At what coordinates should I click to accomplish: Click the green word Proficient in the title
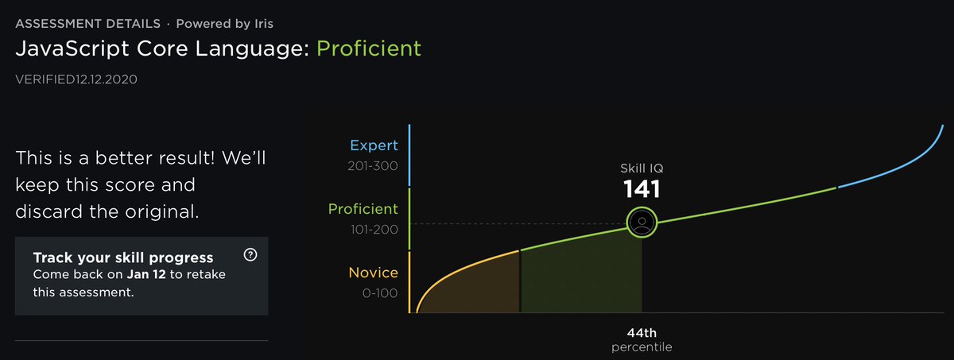point(369,48)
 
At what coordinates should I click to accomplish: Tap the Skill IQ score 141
point(642,188)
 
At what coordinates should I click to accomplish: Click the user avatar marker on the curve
point(642,222)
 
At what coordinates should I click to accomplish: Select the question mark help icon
point(251,255)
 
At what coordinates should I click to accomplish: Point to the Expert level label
point(373,146)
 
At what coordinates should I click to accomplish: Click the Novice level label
point(373,273)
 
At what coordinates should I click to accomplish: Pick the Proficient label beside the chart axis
point(363,209)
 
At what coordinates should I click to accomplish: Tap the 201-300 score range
point(373,167)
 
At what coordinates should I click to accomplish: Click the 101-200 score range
point(373,230)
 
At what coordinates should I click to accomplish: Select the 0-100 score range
point(379,293)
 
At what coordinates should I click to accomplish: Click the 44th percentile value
point(642,333)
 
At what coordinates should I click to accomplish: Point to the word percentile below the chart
point(642,348)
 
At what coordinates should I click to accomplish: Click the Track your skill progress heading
point(122,257)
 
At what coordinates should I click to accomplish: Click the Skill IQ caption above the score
point(642,168)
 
